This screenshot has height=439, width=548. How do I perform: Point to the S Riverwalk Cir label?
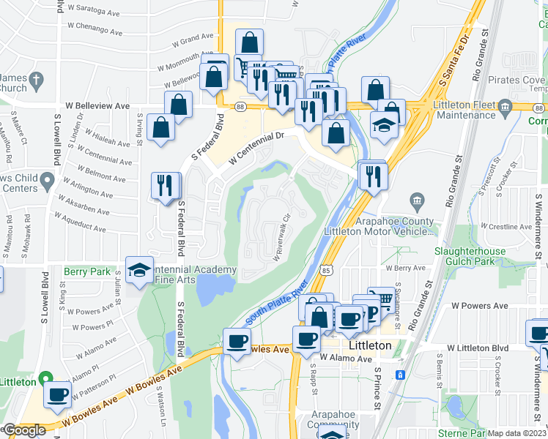point(283,238)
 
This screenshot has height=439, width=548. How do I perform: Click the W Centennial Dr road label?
point(255,147)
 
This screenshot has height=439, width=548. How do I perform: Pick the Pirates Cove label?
point(516,79)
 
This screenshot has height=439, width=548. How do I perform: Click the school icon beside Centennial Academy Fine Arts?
point(139,270)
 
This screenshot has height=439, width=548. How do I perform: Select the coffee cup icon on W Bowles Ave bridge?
point(237,340)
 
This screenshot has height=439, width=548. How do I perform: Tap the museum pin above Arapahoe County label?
point(417,200)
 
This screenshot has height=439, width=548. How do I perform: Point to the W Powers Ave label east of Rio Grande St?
point(480,305)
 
